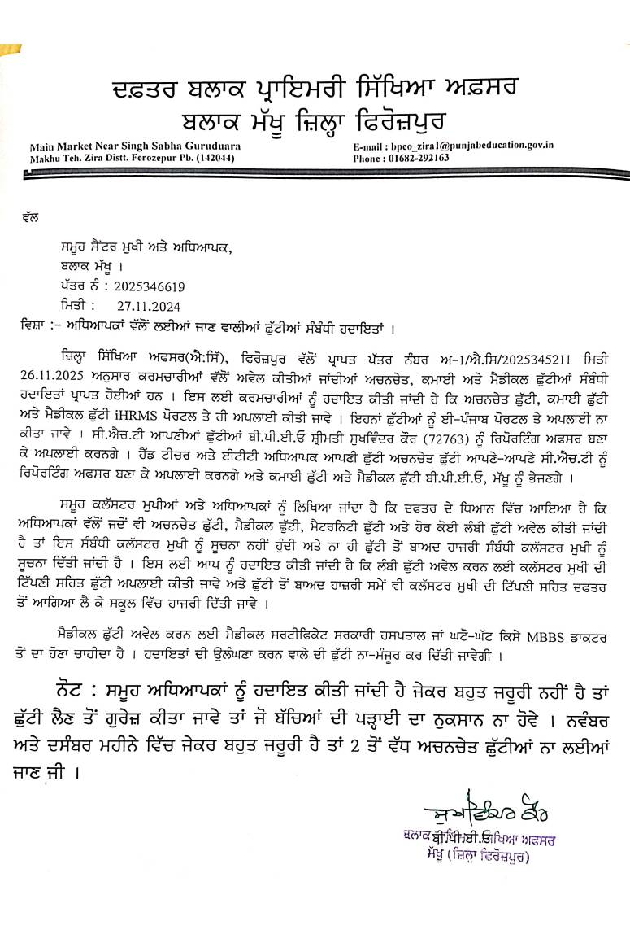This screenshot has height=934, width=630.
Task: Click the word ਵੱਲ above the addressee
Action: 33,218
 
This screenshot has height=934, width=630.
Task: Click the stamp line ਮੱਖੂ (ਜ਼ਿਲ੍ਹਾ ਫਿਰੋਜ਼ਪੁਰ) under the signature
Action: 480,856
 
